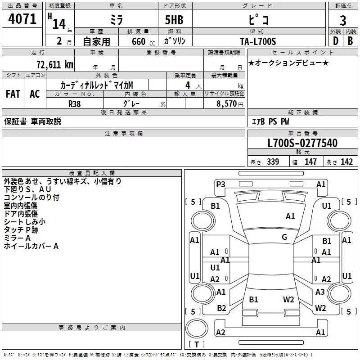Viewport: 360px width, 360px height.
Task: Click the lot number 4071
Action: pos(22,19)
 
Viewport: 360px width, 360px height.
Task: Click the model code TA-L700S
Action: pos(257,41)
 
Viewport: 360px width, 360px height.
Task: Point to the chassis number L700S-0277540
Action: pos(302,144)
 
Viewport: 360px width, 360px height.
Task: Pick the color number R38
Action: pos(75,103)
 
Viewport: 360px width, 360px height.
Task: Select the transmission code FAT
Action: pos(13,94)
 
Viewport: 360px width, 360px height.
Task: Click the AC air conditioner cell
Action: pos(35,94)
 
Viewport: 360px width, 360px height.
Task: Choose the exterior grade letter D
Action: pos(335,40)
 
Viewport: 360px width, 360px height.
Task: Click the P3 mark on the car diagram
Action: pos(220,184)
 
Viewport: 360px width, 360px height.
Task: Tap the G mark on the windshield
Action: pos(284,237)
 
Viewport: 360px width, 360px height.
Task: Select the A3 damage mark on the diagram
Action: pos(320,292)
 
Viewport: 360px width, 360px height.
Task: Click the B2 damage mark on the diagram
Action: pos(221,308)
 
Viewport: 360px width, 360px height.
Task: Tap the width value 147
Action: pos(310,162)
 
